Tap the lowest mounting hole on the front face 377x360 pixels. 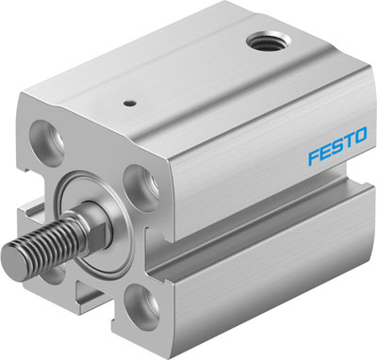tap(143, 307)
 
